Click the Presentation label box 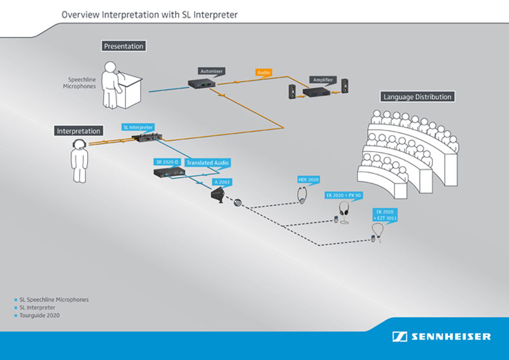[x=123, y=46]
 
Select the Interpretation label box [x=79, y=131]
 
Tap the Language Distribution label [x=417, y=97]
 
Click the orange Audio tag [x=263, y=73]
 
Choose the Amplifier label [x=323, y=80]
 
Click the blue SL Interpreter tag [x=137, y=127]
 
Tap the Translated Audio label [x=207, y=163]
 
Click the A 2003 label [x=221, y=182]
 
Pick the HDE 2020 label [x=309, y=180]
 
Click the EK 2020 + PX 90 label [x=343, y=195]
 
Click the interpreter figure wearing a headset [x=79, y=162]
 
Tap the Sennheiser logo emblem [x=400, y=336]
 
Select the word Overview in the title [x=80, y=13]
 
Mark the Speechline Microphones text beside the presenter [x=82, y=83]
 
